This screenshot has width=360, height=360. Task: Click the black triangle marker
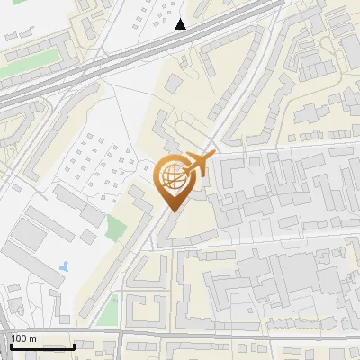pos(181,24)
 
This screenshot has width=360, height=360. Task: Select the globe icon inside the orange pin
pos(173,176)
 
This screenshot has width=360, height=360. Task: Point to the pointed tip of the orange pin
pos(172,211)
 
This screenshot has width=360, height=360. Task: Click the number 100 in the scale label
pos(20,338)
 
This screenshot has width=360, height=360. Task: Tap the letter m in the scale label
pos(33,338)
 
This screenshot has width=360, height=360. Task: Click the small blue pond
pos(63,266)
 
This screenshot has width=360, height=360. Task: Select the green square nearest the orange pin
pos(116,227)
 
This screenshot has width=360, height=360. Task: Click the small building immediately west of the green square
pos(88,236)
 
